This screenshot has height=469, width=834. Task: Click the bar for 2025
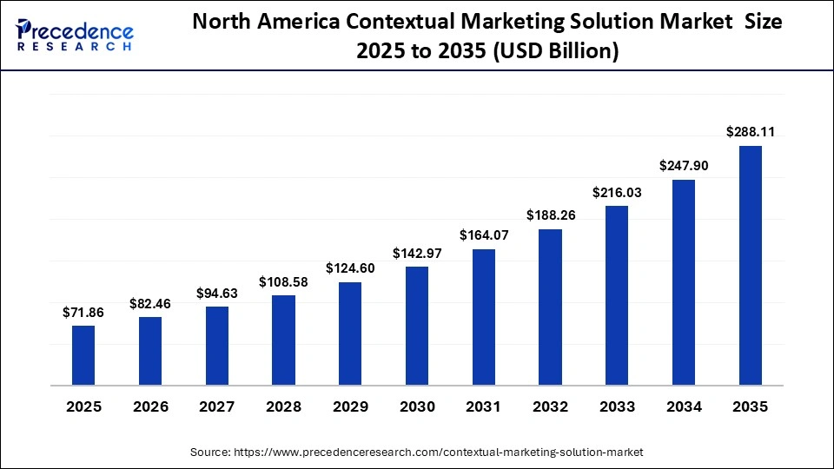click(x=83, y=355)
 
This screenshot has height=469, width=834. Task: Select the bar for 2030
click(x=417, y=326)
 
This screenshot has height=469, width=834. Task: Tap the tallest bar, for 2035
click(x=751, y=265)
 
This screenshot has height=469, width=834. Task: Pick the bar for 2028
click(x=283, y=340)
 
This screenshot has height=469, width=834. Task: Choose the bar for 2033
click(x=617, y=295)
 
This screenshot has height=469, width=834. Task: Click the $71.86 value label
click(x=83, y=313)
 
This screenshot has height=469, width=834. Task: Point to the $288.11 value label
click(x=751, y=133)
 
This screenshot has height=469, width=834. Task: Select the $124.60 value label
click(x=350, y=268)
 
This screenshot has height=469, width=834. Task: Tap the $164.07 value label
click(x=484, y=234)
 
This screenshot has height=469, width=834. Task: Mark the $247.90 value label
click(x=684, y=165)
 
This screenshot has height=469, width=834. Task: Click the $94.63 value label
click(x=216, y=293)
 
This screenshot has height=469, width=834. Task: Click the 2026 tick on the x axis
click(x=150, y=406)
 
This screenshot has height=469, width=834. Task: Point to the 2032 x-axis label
click(x=550, y=406)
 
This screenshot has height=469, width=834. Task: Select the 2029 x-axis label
click(x=350, y=406)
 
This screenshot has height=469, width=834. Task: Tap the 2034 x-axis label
click(x=684, y=406)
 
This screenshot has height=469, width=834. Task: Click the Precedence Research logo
click(x=75, y=35)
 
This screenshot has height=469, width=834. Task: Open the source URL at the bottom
click(x=417, y=452)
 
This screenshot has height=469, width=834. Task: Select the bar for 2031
click(x=484, y=317)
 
